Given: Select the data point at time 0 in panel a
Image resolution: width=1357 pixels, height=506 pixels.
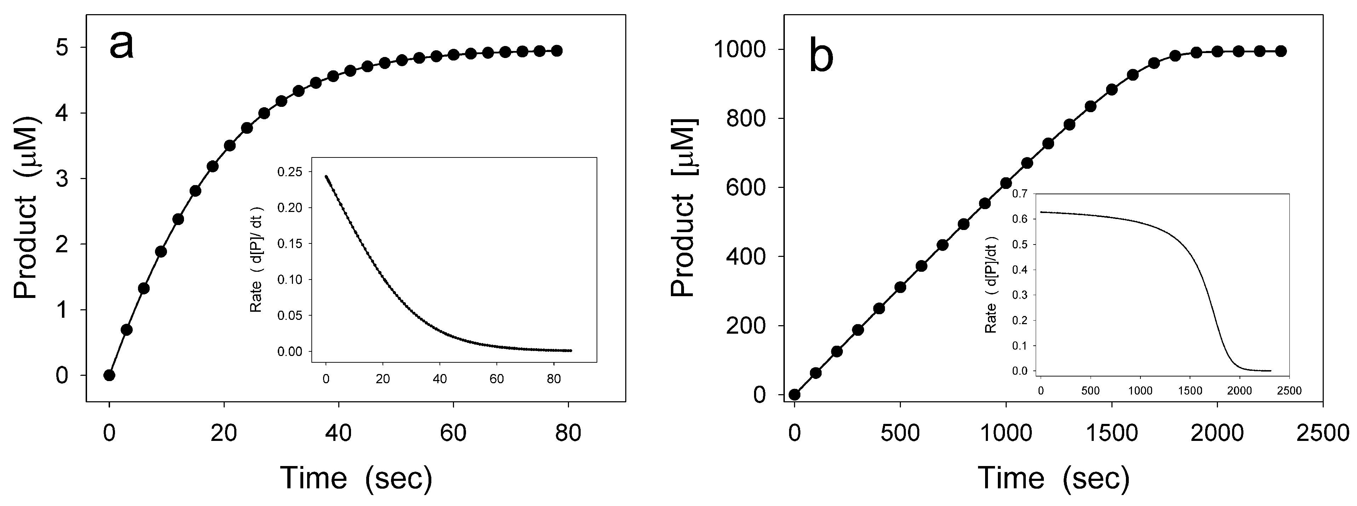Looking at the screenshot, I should click(x=109, y=375).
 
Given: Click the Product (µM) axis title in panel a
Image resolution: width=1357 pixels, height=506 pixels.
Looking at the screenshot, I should click(x=26, y=208).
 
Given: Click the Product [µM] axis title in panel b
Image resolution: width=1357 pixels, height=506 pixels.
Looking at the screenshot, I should click(x=683, y=208).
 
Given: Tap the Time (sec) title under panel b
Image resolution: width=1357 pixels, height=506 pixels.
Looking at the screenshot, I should click(x=1053, y=478).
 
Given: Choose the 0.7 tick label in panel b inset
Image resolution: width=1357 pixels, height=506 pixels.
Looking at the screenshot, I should click(x=1020, y=194).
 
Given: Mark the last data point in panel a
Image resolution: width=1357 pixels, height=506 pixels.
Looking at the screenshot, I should click(x=557, y=51).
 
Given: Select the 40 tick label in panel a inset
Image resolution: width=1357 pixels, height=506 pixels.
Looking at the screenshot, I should click(x=440, y=379).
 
